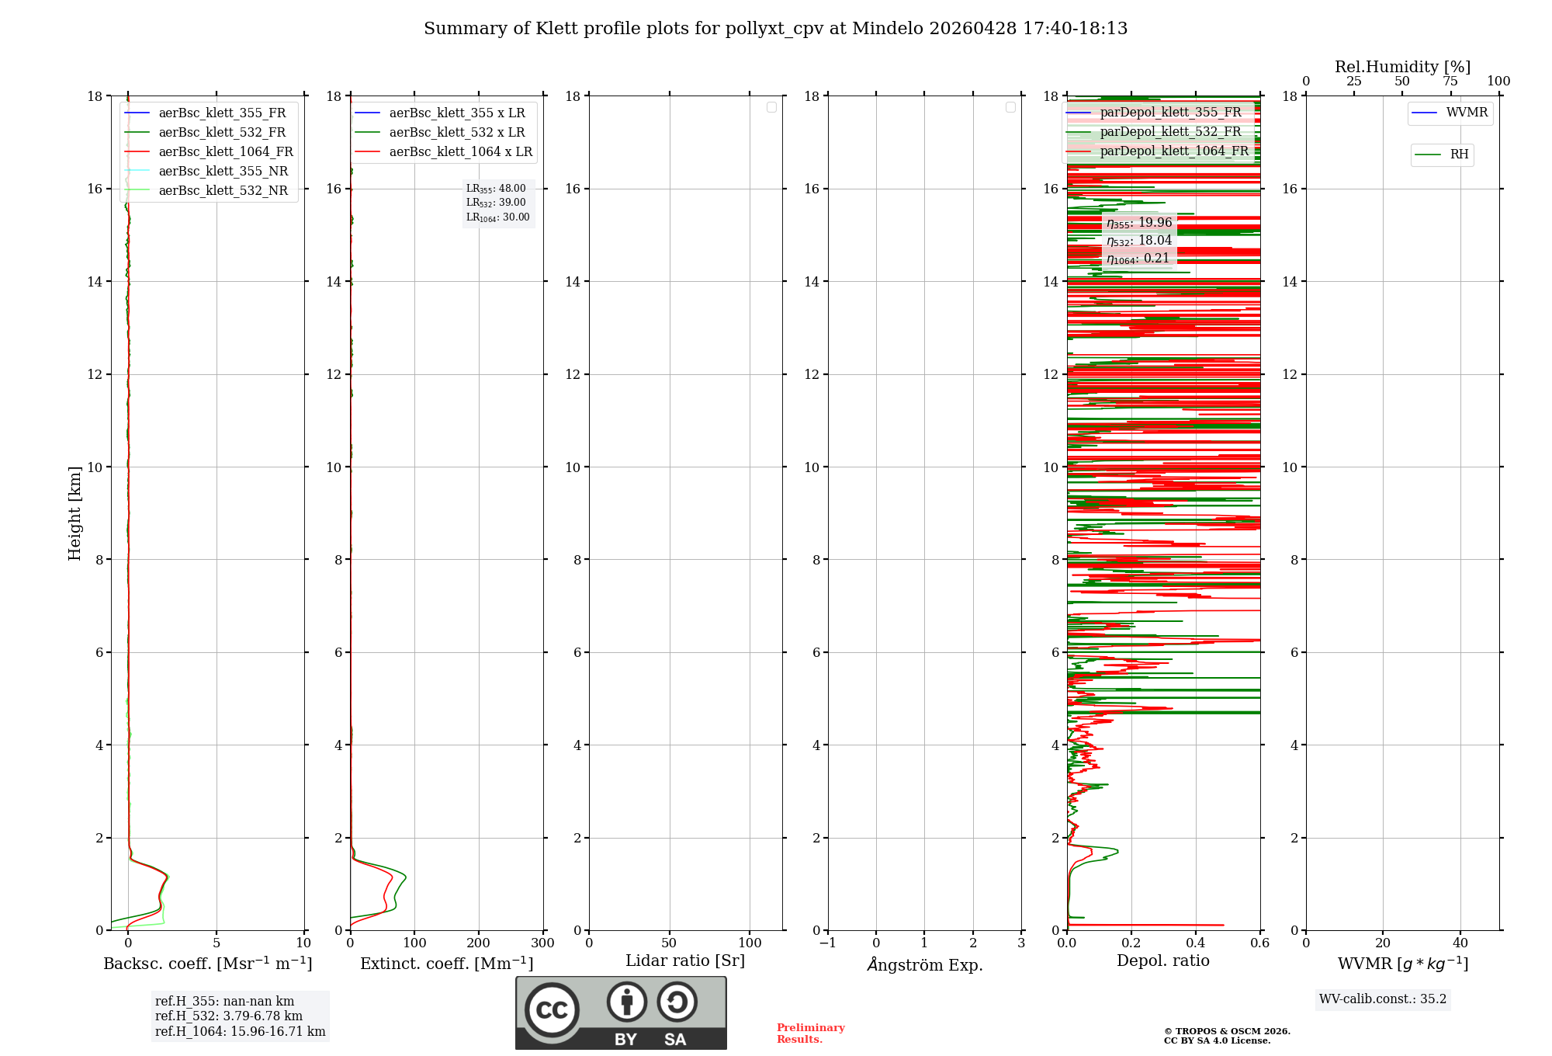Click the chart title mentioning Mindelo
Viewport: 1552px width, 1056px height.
click(775, 29)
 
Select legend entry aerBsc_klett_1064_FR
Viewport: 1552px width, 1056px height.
click(225, 152)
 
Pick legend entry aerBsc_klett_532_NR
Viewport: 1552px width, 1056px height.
click(223, 191)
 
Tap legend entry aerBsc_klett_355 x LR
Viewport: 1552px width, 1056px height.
click(456, 113)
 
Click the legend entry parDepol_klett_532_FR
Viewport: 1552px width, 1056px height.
click(1170, 132)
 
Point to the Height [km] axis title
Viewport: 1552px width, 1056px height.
click(74, 512)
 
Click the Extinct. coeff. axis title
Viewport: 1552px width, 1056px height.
click(446, 964)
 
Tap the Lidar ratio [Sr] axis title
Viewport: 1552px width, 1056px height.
click(684, 961)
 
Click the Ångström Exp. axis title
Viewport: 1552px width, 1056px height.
click(924, 964)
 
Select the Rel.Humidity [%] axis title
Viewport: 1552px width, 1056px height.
click(1401, 67)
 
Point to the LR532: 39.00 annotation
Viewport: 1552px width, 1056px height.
click(496, 203)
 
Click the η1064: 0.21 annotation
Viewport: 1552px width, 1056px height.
click(1138, 259)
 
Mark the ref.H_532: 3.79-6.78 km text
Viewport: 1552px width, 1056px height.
click(228, 1016)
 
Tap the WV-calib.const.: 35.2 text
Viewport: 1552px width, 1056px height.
click(1382, 999)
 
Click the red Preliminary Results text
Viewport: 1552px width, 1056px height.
click(810, 1033)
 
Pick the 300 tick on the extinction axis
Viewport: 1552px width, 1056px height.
click(542, 943)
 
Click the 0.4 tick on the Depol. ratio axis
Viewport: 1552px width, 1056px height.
click(1195, 943)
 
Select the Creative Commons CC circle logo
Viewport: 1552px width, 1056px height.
click(552, 1009)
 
